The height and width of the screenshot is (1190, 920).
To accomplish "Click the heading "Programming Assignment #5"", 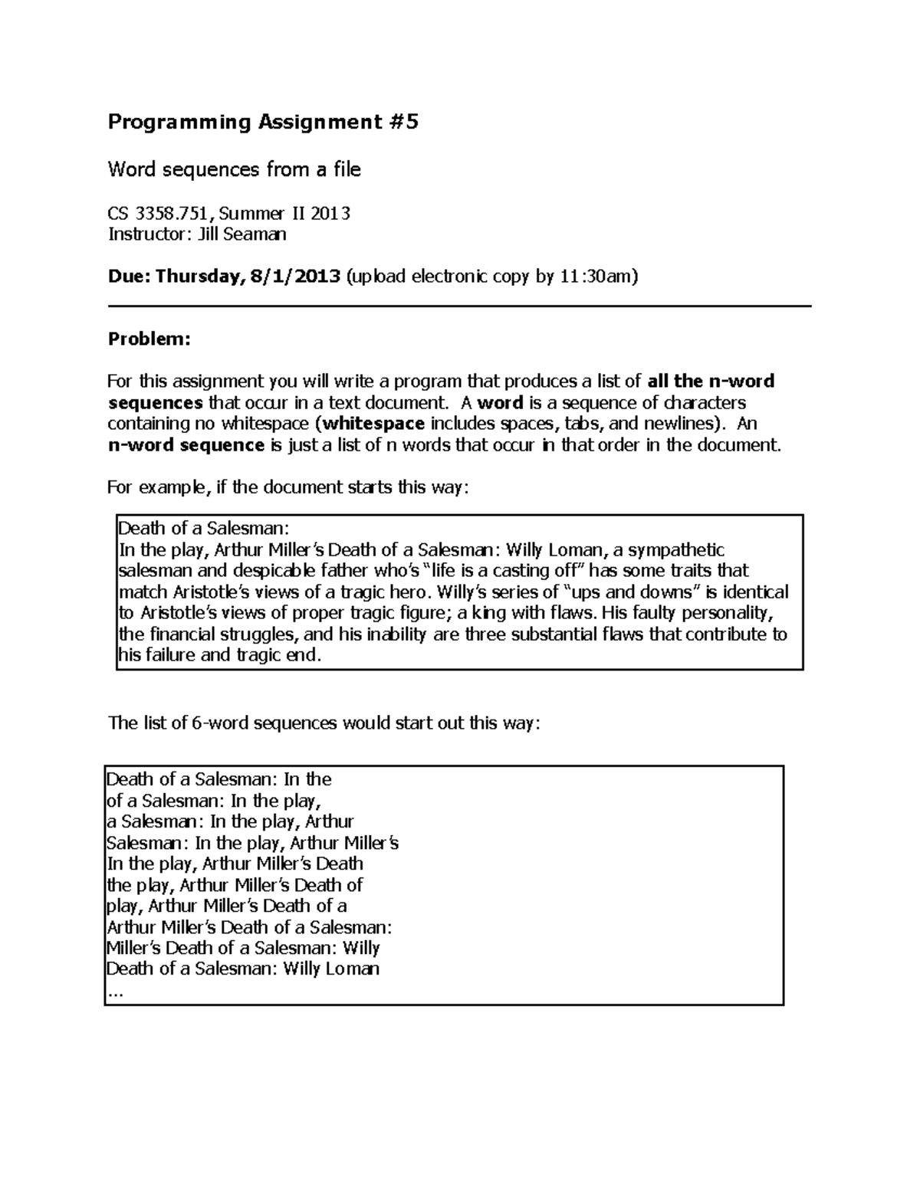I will (263, 123).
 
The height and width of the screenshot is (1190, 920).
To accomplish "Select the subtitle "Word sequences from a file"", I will (234, 169).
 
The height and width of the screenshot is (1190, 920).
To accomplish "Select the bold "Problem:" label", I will (149, 339).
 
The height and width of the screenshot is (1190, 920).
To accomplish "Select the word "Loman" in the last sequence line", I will (353, 969).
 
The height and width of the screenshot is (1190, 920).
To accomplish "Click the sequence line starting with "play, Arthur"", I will (225, 906).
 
